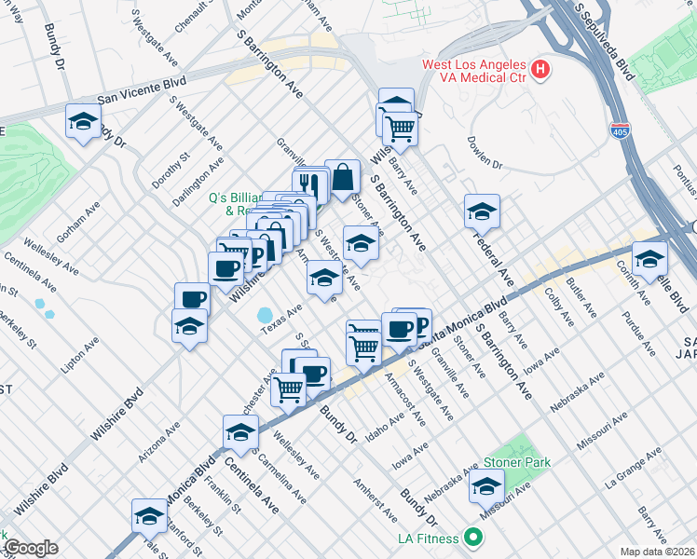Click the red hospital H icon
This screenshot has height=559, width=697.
click(x=539, y=70)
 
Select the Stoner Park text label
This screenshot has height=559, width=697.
click(x=516, y=462)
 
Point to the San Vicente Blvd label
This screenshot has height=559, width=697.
click(x=142, y=90)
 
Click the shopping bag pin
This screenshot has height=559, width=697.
click(x=343, y=176)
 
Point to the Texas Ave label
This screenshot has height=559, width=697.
click(x=282, y=318)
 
